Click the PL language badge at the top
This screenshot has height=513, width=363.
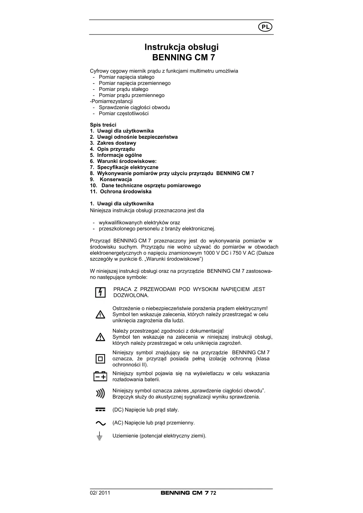pos(265,27)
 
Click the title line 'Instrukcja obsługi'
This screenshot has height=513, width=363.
pos(182,47)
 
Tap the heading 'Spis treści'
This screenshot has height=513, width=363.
pos(103,125)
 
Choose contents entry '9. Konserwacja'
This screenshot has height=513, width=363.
pos(111,179)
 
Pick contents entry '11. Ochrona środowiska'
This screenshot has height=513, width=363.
pos(121,192)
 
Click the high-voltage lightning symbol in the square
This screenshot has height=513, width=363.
pos(100,292)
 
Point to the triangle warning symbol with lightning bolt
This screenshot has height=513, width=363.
pos(100,315)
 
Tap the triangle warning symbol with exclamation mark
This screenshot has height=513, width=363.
pos(100,337)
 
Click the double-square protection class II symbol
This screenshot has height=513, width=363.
pos(100,359)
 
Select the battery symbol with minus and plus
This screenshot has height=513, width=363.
pos(100,376)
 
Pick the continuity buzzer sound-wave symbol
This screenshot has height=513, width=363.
pos(100,394)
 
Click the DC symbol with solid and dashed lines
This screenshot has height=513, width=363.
pos(100,410)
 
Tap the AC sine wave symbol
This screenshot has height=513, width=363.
pos(100,423)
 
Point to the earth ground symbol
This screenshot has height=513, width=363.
pos(100,436)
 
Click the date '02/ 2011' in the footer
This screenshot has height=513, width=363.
pos(100,493)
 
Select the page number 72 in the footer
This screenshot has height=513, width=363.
pos(213,493)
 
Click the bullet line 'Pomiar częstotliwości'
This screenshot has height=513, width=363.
pos(123,113)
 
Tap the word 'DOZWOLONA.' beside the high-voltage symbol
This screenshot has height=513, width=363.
pos(131,295)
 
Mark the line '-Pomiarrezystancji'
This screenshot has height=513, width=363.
pos(111,101)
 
